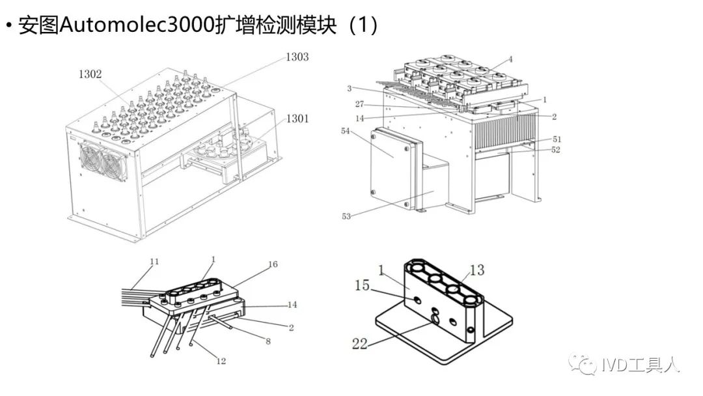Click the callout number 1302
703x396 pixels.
pyautogui.click(x=90, y=74)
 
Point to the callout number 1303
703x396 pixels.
pyautogui.click(x=297, y=57)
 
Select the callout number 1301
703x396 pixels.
pyautogui.click(x=297, y=119)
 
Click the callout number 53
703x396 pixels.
pyautogui.click(x=346, y=216)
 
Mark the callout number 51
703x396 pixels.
pyautogui.click(x=557, y=139)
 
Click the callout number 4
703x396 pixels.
pyautogui.click(x=510, y=59)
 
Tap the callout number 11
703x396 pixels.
pyautogui.click(x=154, y=262)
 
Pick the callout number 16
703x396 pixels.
pyautogui.click(x=273, y=264)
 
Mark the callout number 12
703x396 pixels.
pyautogui.click(x=221, y=361)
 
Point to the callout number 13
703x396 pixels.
pyautogui.click(x=476, y=270)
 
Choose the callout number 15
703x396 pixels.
pyautogui.click(x=362, y=285)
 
